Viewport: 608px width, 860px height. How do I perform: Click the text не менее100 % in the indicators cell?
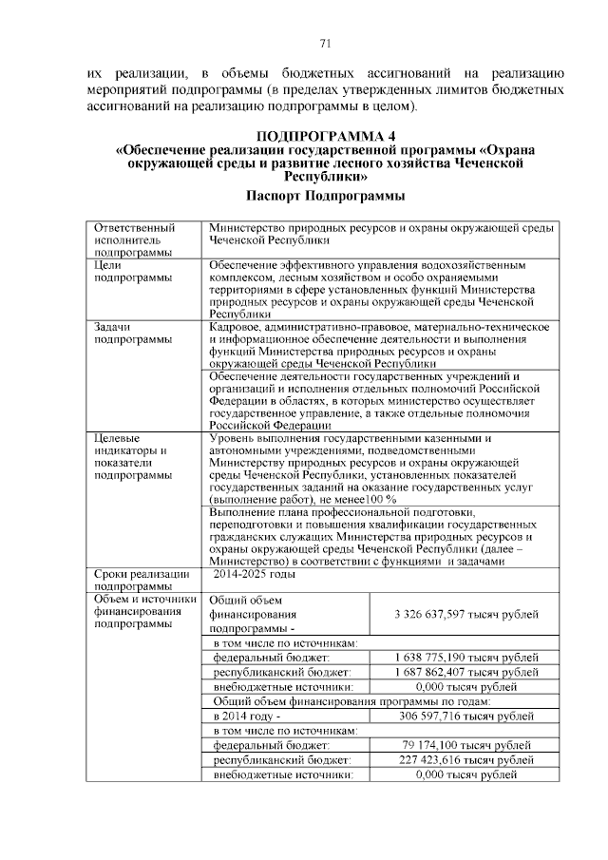(357, 499)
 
